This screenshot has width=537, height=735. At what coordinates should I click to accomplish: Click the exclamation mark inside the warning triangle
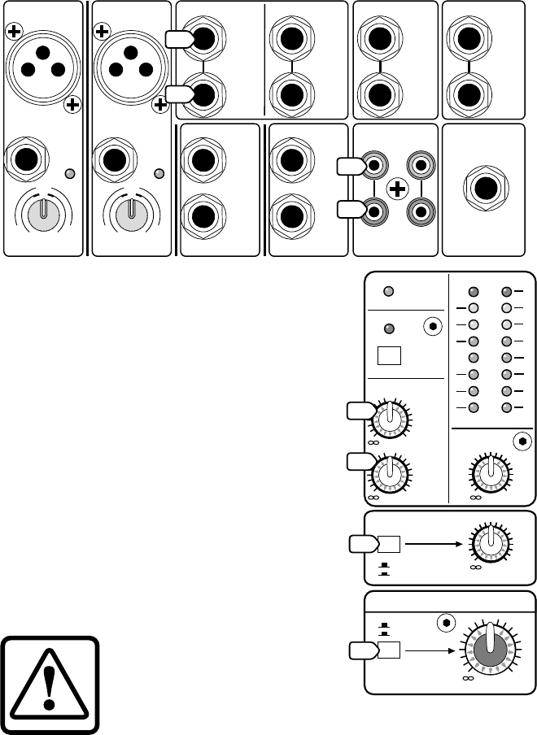coord(50,682)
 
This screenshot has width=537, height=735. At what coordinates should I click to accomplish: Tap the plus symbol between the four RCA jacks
coord(397,189)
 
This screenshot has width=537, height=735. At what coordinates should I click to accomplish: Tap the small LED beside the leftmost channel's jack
coord(71,174)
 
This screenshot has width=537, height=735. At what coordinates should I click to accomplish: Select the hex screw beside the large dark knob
coord(445,623)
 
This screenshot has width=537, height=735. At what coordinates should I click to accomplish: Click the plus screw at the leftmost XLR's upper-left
coord(13,32)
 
